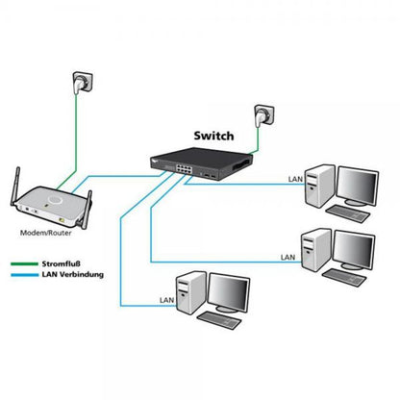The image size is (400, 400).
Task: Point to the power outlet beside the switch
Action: coord(258,118)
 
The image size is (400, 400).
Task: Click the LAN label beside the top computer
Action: coord(295,179)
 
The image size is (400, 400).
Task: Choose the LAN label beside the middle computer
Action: coord(287,257)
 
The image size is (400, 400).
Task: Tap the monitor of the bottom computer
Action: coord(231,294)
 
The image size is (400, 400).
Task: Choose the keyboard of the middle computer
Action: coord(347,277)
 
